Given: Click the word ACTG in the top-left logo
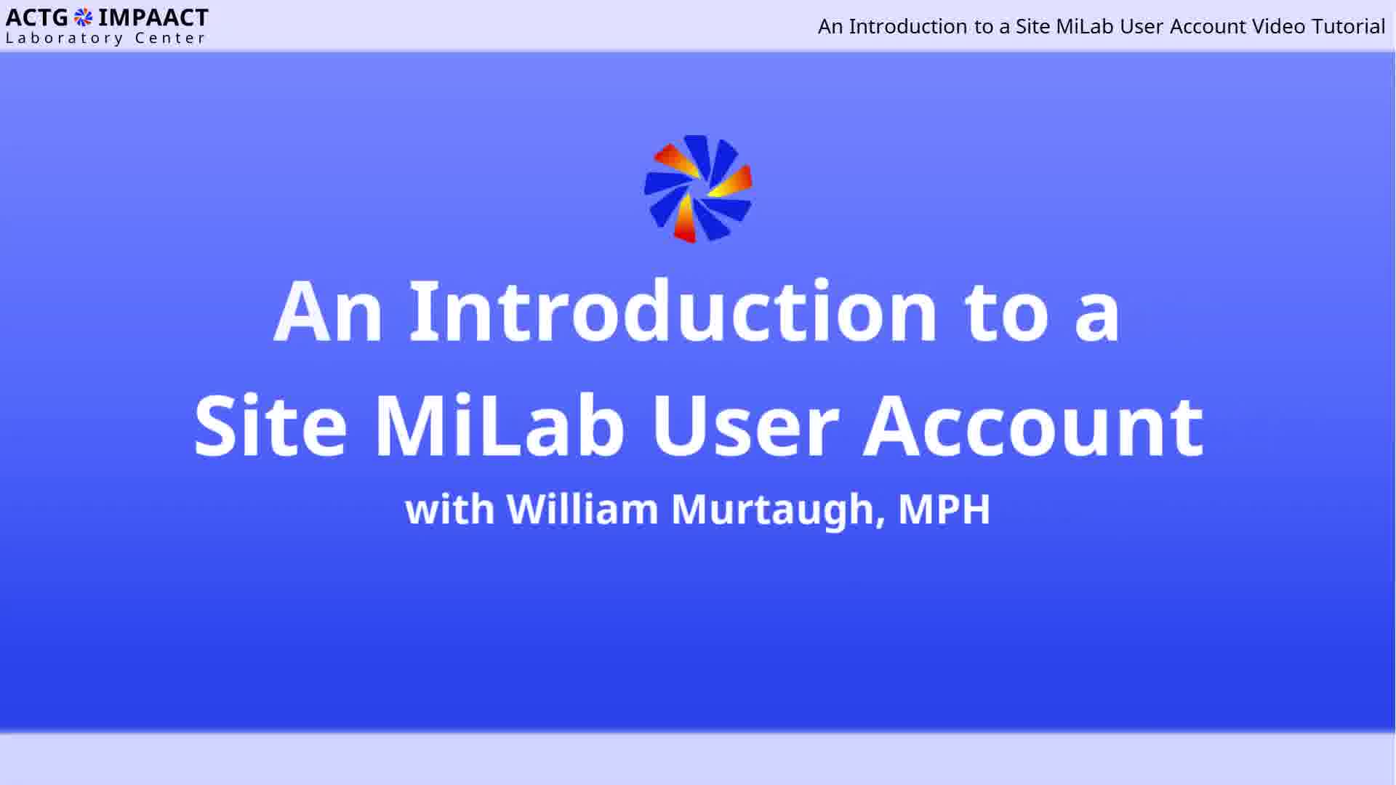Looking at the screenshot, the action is [37, 17].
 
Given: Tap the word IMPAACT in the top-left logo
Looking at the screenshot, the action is [153, 17].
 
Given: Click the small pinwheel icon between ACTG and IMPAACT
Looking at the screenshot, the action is [84, 17].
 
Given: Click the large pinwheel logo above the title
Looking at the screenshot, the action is [698, 189].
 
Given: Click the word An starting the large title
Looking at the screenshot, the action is [328, 310].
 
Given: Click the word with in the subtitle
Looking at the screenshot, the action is [450, 509].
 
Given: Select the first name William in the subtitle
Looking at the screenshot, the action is [582, 508].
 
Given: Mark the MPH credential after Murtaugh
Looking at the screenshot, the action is [944, 509].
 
